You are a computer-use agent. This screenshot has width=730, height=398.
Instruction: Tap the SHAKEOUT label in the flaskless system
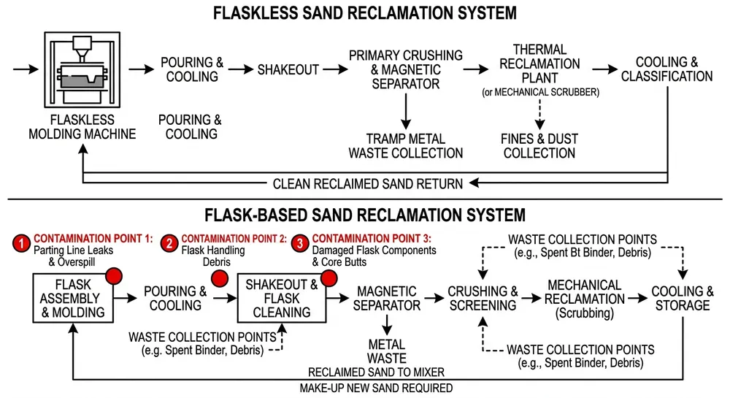(x=288, y=70)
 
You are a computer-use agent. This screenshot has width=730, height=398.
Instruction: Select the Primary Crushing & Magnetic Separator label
(x=405, y=70)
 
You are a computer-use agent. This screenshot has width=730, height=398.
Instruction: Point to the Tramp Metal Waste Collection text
(x=405, y=145)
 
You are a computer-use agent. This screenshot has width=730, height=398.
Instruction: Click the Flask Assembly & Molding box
(x=72, y=298)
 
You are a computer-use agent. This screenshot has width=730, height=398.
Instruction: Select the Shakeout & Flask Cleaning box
(x=280, y=298)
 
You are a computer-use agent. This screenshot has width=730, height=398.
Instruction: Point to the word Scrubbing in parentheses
(x=584, y=313)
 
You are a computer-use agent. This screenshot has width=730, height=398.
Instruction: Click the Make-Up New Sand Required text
(x=376, y=388)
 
